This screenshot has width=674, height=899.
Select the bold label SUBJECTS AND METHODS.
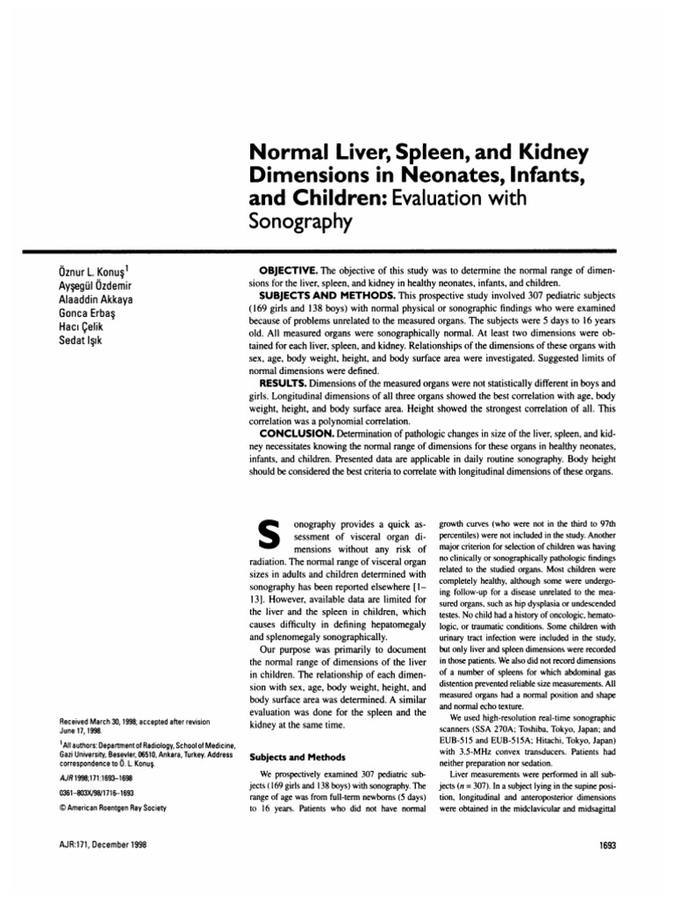pyautogui.click(x=338, y=294)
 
